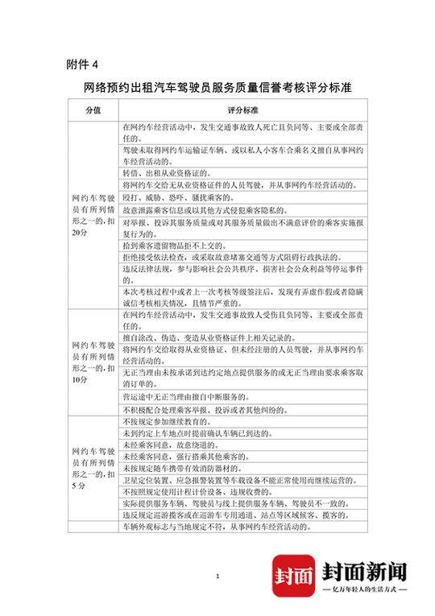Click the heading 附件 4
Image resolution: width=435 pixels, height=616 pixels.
coord(83,64)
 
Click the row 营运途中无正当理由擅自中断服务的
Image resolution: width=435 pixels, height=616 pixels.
coord(201,398)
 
